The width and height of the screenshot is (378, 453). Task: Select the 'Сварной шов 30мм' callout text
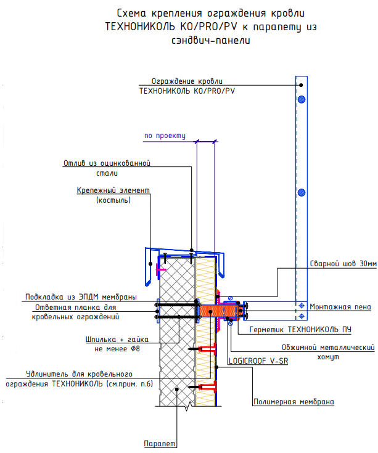point(343,264)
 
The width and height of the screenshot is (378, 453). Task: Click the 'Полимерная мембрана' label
point(294,402)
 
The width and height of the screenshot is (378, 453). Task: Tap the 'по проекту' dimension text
point(165,136)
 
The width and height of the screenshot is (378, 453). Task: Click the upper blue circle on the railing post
point(301,99)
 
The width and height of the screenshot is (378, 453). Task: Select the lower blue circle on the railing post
point(301,193)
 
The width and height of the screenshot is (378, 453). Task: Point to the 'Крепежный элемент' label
point(113,192)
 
